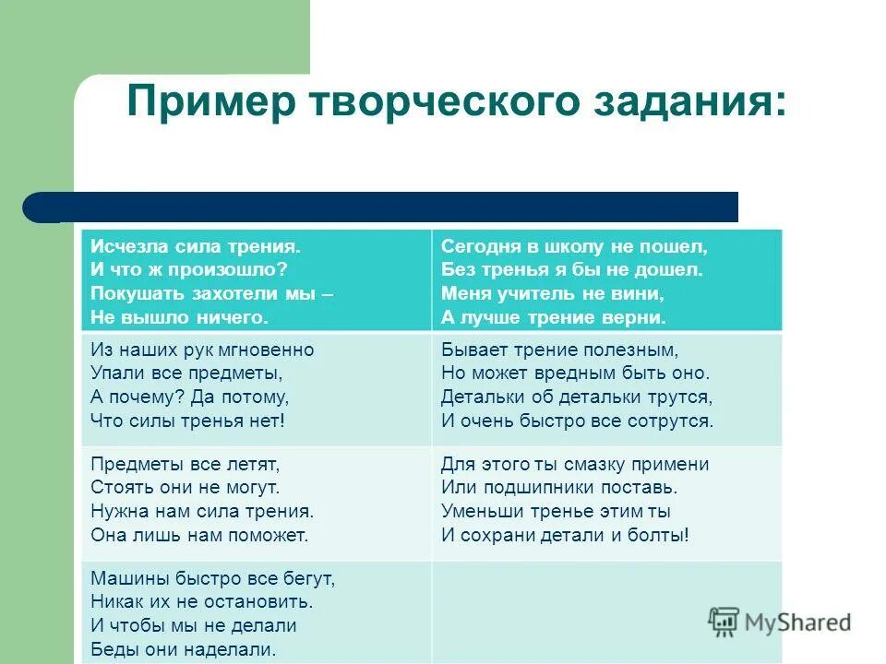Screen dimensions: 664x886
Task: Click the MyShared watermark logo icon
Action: coord(724,622)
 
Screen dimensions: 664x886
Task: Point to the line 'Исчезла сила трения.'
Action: coord(196,247)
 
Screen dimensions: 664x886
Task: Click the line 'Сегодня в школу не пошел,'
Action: coord(574,247)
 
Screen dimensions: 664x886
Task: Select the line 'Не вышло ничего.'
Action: coord(179,317)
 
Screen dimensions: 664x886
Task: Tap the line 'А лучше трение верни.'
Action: coord(553,317)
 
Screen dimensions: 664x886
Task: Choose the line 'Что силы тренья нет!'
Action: coord(188,421)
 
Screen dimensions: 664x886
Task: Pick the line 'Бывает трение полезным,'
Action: coord(559,350)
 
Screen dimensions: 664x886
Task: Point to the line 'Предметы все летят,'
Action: coord(185,464)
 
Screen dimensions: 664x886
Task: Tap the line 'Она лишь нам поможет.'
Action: coord(199,534)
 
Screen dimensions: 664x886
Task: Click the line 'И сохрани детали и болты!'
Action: coord(565,534)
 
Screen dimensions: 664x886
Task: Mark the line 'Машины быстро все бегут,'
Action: coord(212,579)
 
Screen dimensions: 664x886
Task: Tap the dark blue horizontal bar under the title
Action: coord(388,207)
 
